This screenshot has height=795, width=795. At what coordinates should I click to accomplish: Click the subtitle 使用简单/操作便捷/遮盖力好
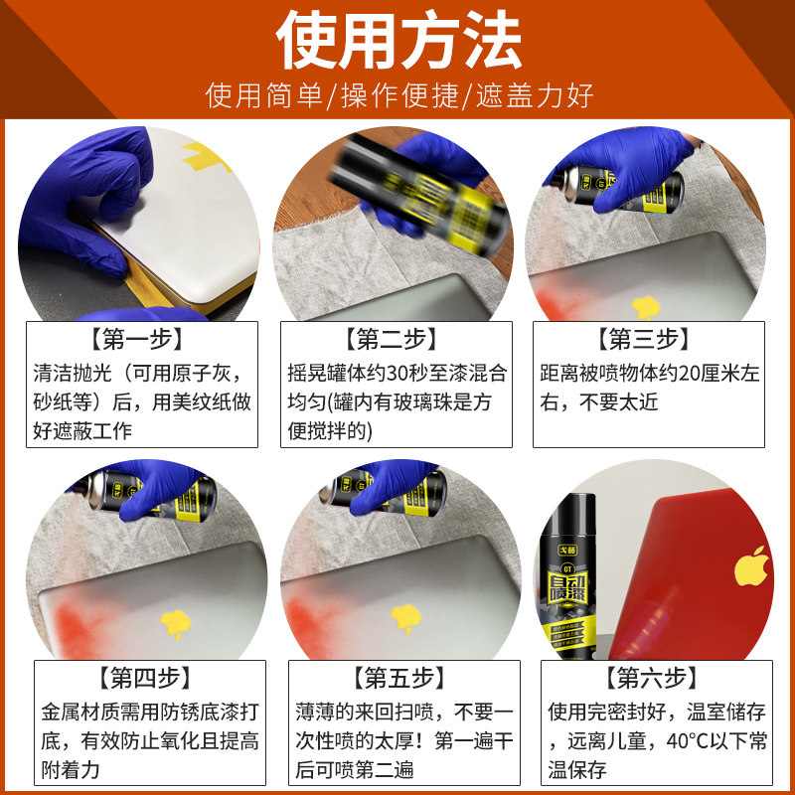pos(397,96)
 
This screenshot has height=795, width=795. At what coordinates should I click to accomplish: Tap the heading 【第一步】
pos(141,339)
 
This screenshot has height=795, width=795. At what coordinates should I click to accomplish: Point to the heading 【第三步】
pos(650,339)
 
